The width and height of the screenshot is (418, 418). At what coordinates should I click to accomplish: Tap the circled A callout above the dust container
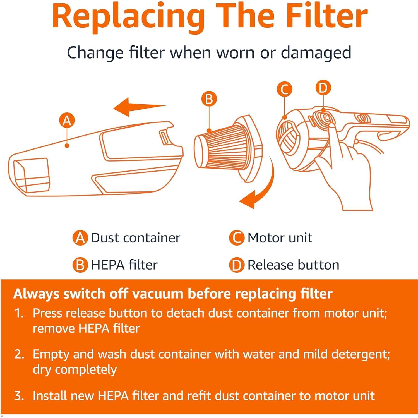coord(67,121)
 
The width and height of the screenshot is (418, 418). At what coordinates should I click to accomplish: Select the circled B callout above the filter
coord(209,99)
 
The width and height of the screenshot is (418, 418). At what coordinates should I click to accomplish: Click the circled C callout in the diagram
coord(284,90)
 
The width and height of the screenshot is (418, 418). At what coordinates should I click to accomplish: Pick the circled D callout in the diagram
coord(323,88)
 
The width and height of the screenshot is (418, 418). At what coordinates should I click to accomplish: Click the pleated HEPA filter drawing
coord(223,148)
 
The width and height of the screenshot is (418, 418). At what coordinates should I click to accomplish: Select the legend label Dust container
coord(135,238)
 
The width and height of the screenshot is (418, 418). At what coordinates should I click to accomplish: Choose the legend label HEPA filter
coord(124,265)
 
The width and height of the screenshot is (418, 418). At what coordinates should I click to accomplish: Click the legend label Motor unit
coord(280,238)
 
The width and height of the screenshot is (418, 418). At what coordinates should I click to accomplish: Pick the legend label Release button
coord(293,265)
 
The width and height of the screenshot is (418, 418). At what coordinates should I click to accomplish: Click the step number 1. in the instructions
coord(19,313)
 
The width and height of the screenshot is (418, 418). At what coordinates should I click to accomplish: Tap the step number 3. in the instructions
coord(19,396)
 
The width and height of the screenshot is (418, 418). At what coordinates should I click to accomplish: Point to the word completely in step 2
coord(86,370)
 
